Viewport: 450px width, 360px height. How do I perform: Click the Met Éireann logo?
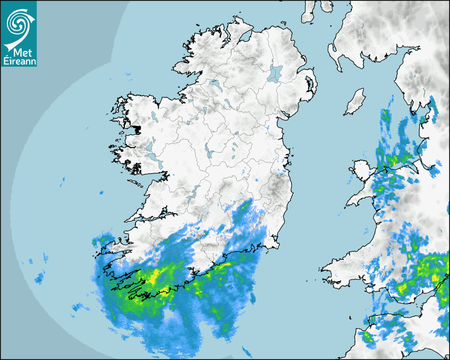tap(19, 33)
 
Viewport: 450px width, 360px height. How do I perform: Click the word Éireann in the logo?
tap(18, 61)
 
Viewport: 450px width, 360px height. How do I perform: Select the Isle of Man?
tap(355, 102)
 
